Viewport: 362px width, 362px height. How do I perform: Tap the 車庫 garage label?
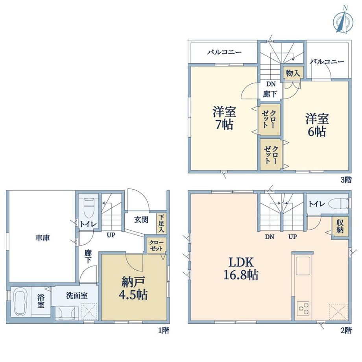tap(43, 238)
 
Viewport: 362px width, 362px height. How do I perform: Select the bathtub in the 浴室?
tap(21, 302)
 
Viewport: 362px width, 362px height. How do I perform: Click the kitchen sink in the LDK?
tap(303, 266)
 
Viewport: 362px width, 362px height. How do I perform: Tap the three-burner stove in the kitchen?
tap(303, 308)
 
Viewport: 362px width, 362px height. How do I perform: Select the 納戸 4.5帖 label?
tap(133, 288)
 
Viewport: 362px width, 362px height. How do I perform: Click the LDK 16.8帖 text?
tap(241, 268)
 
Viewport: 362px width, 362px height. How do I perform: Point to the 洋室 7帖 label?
tap(224, 118)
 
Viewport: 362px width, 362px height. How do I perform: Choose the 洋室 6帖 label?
tap(317, 125)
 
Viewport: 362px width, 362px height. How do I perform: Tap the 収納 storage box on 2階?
tap(340, 226)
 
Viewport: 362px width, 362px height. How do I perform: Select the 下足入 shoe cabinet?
tap(161, 223)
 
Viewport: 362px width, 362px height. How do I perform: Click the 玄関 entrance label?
tap(141, 220)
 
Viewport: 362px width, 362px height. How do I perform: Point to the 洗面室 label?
tap(77, 295)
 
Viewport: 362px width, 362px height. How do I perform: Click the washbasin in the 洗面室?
tap(67, 312)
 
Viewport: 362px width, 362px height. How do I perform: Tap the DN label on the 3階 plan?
tap(271, 84)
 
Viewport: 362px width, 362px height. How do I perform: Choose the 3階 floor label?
tap(346, 180)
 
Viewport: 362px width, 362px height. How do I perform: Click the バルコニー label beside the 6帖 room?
tap(327, 62)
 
